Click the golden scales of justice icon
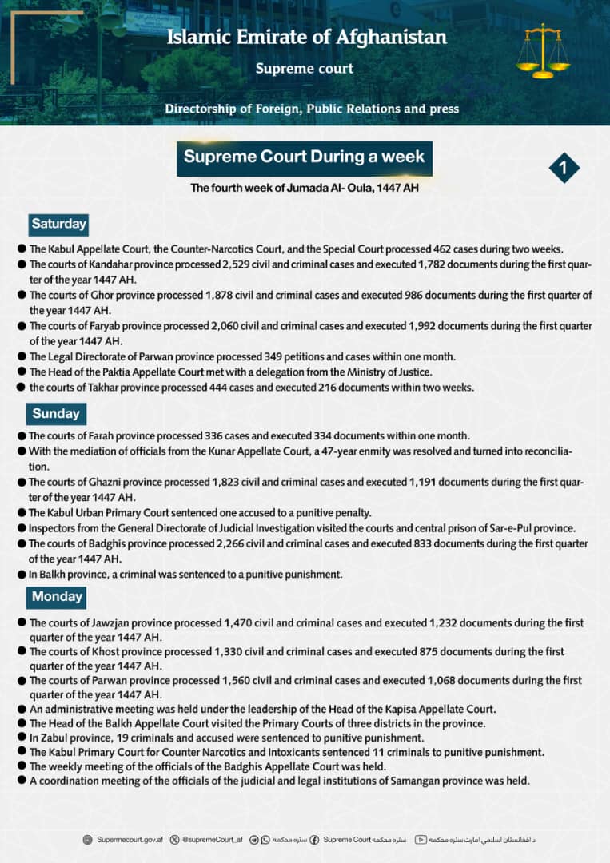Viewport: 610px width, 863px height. (x=543, y=51)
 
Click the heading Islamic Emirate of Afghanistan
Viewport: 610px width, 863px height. (x=307, y=38)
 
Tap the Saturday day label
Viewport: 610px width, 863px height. (x=58, y=224)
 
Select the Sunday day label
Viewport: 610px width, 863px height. (x=56, y=413)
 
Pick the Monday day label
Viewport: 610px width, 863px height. (x=57, y=596)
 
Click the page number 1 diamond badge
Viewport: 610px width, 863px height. (x=564, y=168)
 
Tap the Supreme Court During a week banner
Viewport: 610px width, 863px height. (x=304, y=157)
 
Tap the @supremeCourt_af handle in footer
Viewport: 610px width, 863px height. (x=213, y=840)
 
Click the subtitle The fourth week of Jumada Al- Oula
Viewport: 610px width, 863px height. (x=304, y=189)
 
